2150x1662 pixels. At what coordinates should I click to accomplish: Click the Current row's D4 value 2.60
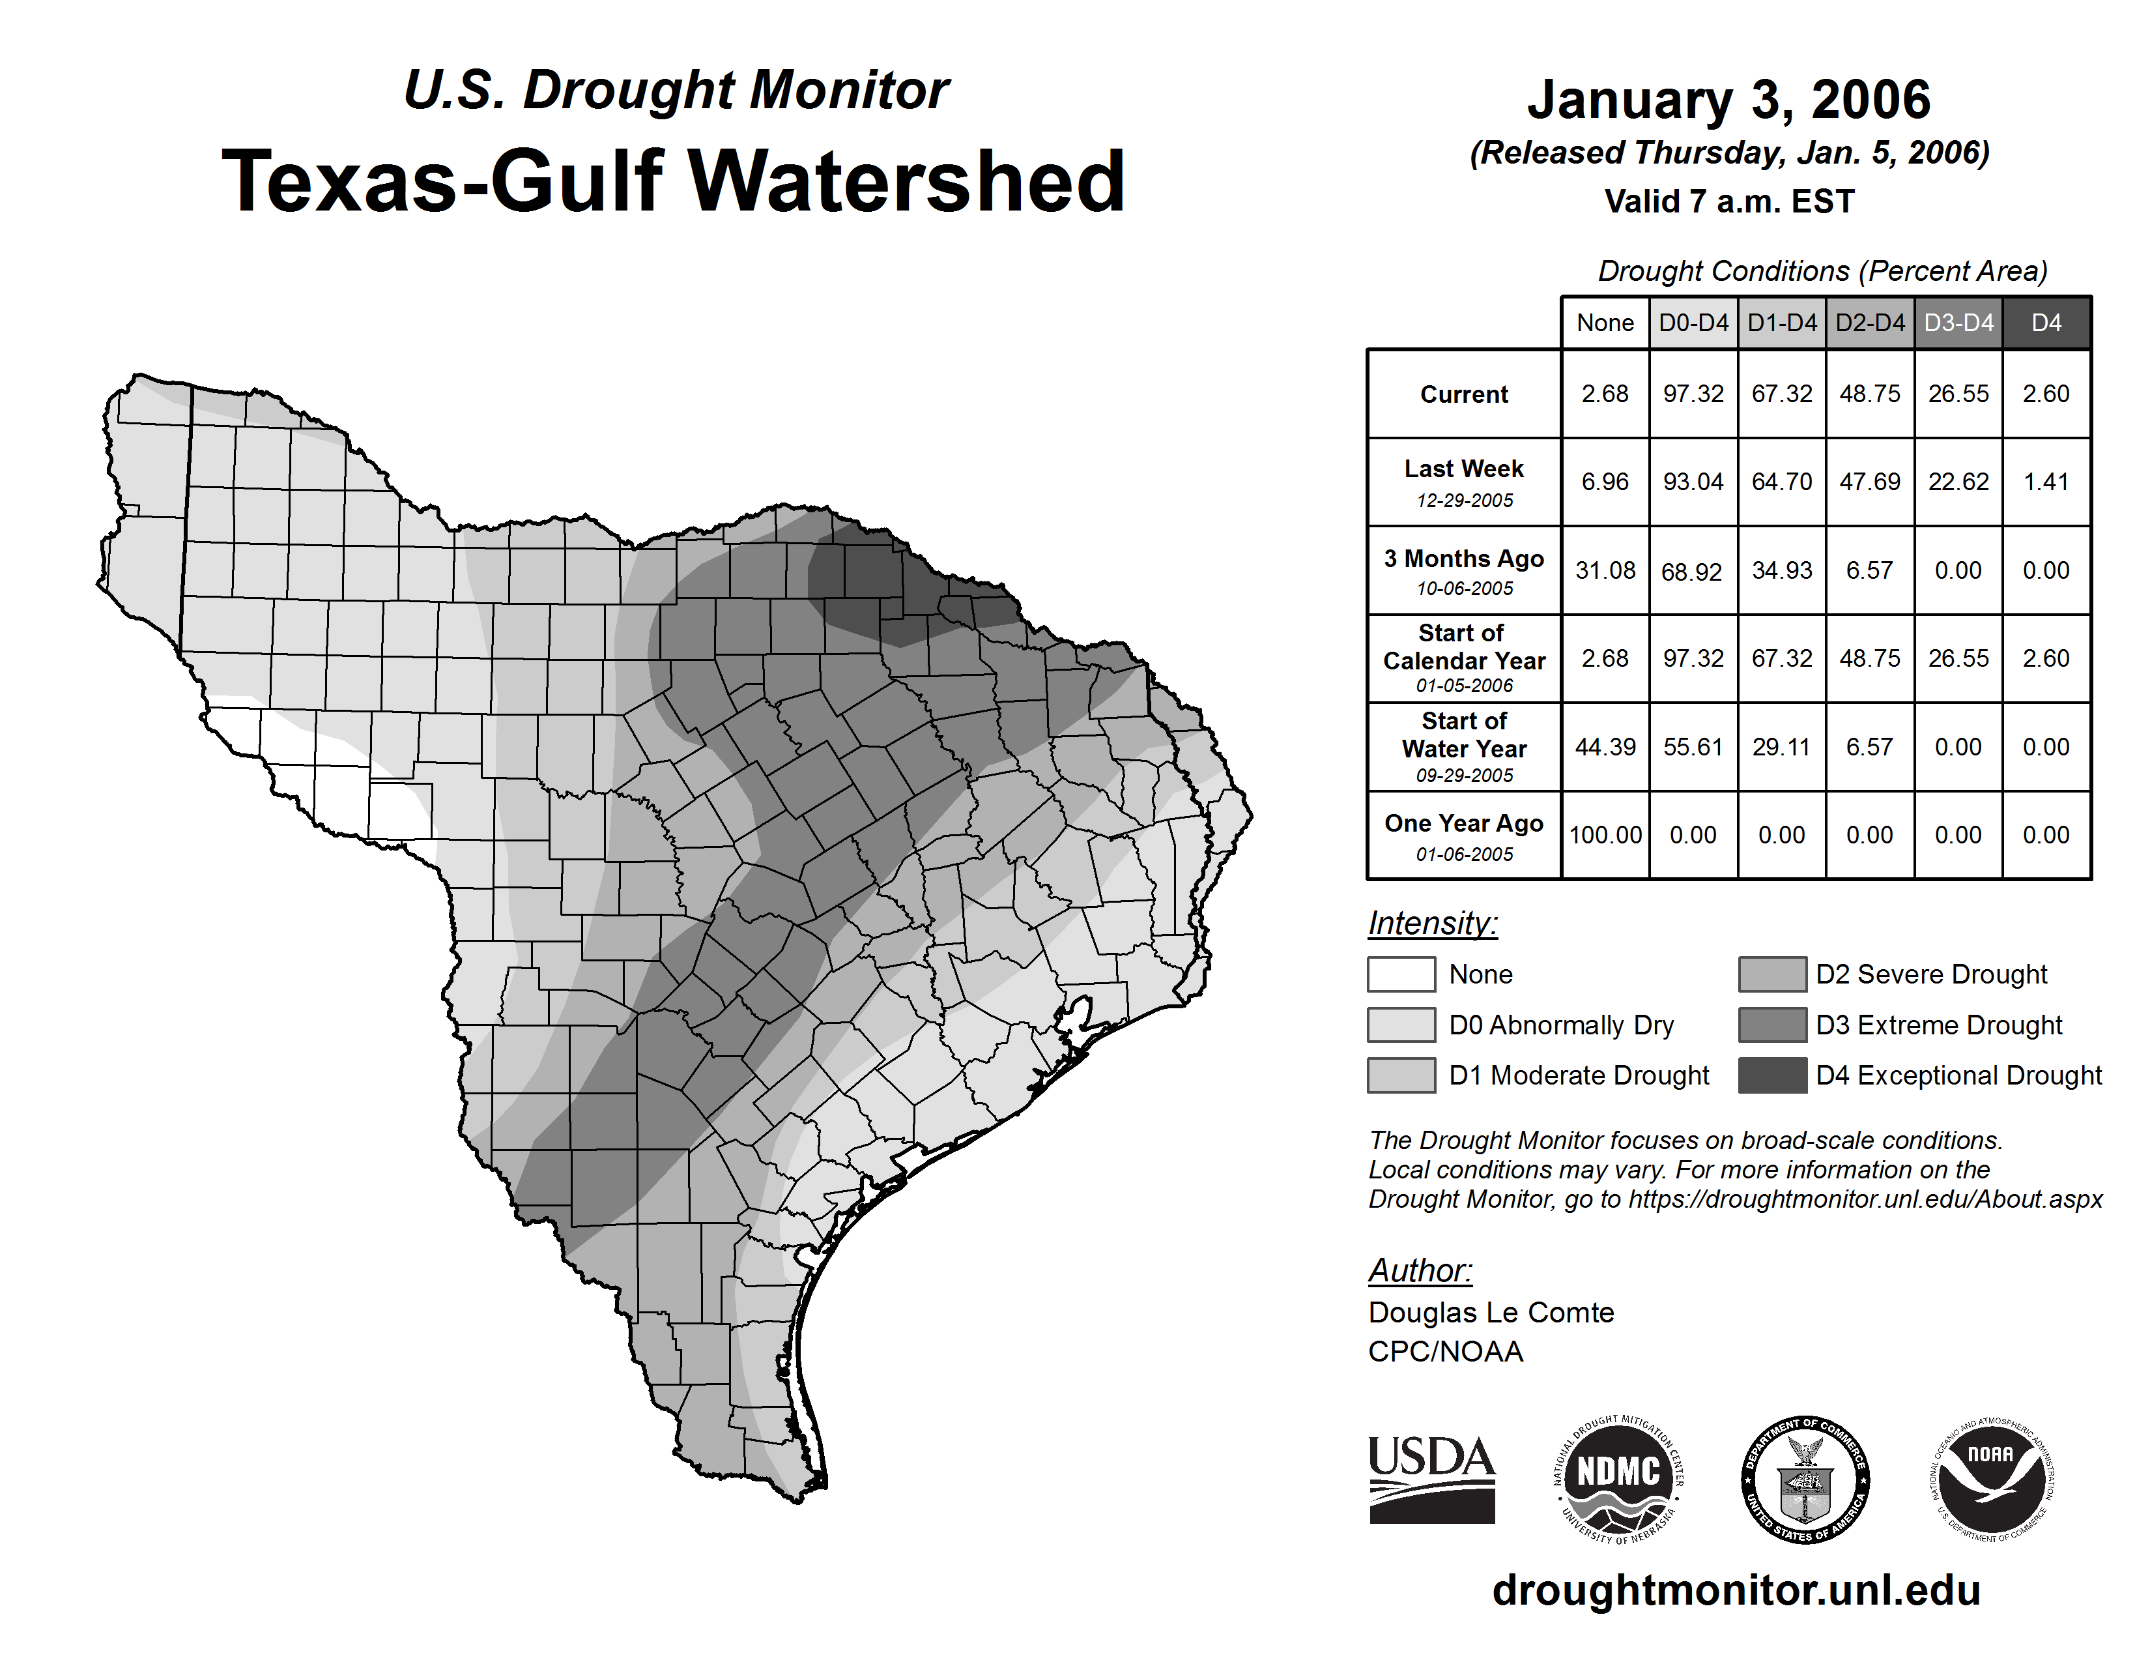click(2046, 394)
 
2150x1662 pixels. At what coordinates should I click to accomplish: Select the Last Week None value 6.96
click(1605, 482)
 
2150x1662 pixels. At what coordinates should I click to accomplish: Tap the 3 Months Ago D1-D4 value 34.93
click(1781, 570)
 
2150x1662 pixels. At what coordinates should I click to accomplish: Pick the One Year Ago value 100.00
click(1605, 835)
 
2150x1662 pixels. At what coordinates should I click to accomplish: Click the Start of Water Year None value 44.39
click(1605, 746)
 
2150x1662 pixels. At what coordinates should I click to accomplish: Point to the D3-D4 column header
click(1958, 323)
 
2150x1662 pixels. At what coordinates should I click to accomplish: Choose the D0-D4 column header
click(1693, 323)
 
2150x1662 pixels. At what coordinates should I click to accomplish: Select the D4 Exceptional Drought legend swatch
click(1772, 1075)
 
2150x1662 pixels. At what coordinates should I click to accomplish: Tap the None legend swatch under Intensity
click(1401, 974)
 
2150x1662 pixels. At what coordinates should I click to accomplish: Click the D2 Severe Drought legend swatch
click(1772, 974)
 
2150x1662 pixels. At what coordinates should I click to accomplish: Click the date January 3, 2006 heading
click(1728, 100)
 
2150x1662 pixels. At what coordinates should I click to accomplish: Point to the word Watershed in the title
click(906, 181)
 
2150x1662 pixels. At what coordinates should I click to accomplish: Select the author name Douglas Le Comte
click(1491, 1313)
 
